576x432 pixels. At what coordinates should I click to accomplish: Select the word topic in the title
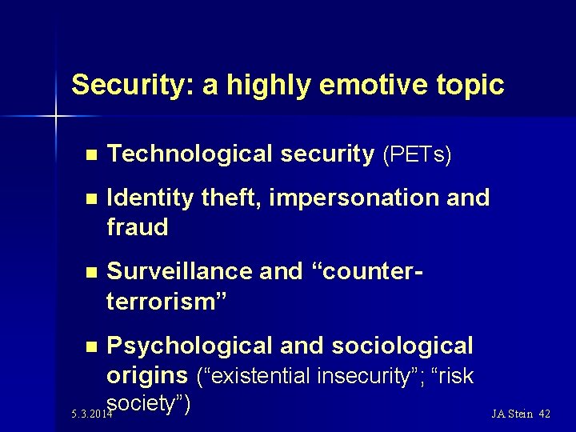473,85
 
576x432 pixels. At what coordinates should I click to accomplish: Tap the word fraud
137,227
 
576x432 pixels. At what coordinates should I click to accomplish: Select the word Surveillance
180,272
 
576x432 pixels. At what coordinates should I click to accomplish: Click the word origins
148,376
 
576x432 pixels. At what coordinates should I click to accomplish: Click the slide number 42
544,414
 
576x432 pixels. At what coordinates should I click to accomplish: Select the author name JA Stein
512,414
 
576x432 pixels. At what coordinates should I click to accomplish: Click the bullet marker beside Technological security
91,155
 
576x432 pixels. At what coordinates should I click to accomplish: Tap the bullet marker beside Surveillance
91,273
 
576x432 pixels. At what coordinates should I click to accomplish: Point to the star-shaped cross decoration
57,118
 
